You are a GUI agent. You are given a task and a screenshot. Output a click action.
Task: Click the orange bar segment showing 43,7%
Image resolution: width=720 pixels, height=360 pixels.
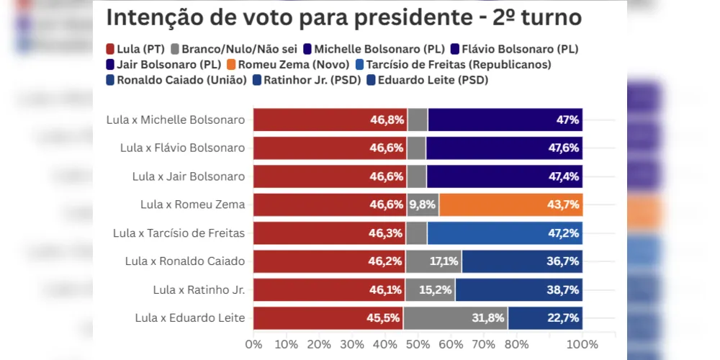pyautogui.click(x=510, y=204)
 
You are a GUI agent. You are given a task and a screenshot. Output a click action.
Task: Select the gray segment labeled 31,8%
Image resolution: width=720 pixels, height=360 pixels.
pyautogui.click(x=455, y=318)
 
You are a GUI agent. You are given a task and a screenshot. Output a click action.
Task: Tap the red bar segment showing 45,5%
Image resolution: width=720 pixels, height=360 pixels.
pyautogui.click(x=328, y=318)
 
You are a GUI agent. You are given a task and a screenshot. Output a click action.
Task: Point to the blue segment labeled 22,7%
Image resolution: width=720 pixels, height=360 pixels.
pyautogui.click(x=545, y=318)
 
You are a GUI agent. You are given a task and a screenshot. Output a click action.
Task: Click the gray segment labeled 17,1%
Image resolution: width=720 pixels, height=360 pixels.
pyautogui.click(x=433, y=261)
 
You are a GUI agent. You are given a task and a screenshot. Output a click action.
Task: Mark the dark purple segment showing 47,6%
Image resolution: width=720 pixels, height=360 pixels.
pyautogui.click(x=504, y=148)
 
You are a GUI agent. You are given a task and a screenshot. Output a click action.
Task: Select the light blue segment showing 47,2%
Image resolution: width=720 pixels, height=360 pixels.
pyautogui.click(x=505, y=233)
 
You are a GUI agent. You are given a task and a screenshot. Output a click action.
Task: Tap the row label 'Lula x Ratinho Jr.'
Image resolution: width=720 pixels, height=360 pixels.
pyautogui.click(x=199, y=289)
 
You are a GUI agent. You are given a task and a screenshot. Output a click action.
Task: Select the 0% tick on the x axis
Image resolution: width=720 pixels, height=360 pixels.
pyautogui.click(x=253, y=344)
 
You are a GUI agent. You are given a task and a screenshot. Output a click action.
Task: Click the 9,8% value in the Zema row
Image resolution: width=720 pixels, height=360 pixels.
pyautogui.click(x=423, y=204)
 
